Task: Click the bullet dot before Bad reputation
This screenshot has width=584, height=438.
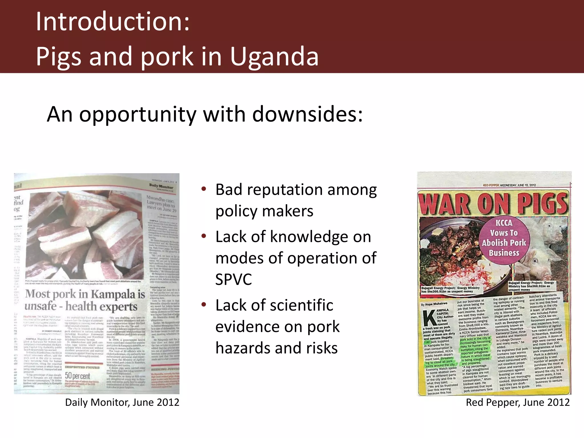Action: pyautogui.click(x=204, y=189)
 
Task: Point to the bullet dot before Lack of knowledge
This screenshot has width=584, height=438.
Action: pyautogui.click(x=204, y=236)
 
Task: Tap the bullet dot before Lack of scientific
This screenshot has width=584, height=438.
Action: pyautogui.click(x=204, y=305)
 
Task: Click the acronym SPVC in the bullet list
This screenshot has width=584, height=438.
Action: pyautogui.click(x=234, y=279)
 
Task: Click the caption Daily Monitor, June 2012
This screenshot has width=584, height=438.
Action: pyautogui.click(x=122, y=402)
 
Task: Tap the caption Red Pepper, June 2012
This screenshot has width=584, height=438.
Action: pyautogui.click(x=518, y=402)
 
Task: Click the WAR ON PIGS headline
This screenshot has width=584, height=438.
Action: pyautogui.click(x=493, y=204)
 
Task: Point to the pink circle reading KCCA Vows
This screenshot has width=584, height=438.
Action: pyautogui.click(x=504, y=238)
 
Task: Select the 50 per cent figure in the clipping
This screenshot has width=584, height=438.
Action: pyautogui.click(x=77, y=376)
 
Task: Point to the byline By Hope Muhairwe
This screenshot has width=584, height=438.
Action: pyautogui.click(x=434, y=304)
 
